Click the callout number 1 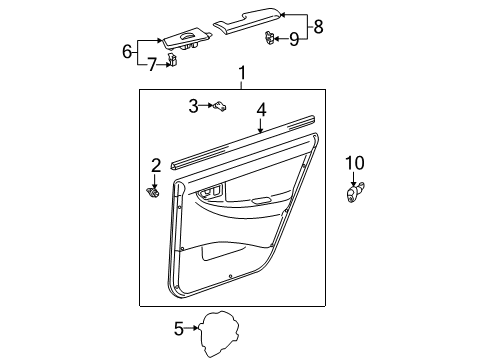[x=242, y=73]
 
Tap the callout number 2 [x=155, y=164]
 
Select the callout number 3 [x=194, y=105]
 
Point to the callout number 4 [x=260, y=110]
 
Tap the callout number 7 [x=153, y=65]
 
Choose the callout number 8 [x=320, y=27]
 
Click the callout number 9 [x=293, y=39]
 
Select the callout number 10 [x=356, y=163]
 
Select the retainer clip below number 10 [x=355, y=191]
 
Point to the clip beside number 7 [x=173, y=62]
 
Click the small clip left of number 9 [x=270, y=39]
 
